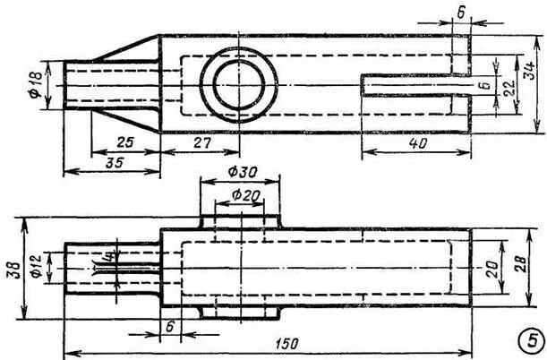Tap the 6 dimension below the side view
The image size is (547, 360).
[170, 327]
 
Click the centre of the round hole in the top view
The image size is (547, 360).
[239, 87]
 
